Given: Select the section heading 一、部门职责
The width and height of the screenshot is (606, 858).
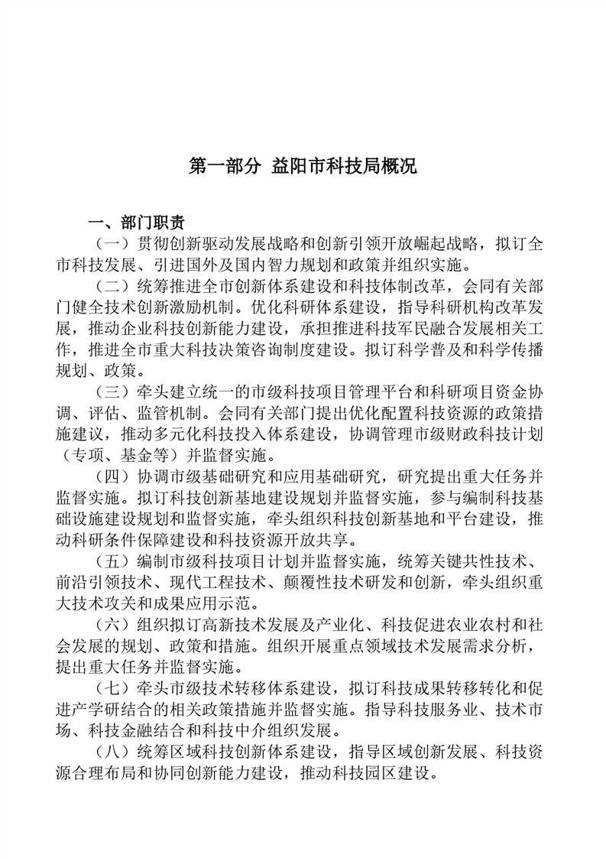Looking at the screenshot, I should pyautogui.click(x=136, y=223).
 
